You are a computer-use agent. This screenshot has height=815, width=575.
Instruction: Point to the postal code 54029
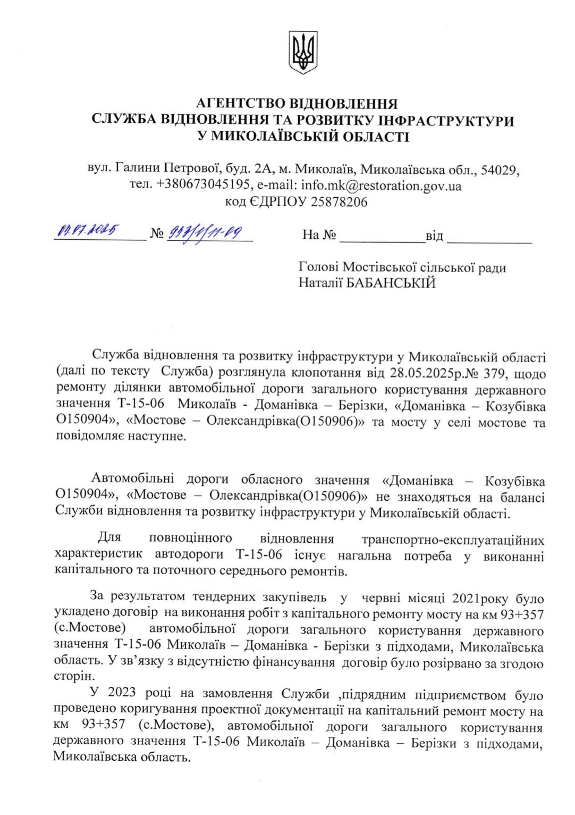click(500, 170)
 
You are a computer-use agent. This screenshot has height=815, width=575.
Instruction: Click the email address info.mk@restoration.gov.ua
click(381, 186)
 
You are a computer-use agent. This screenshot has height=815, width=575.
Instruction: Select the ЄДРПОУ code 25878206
click(333, 203)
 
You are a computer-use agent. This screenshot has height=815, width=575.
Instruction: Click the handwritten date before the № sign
click(87, 232)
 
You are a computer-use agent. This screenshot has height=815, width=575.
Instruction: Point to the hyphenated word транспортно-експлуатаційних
click(453, 540)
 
